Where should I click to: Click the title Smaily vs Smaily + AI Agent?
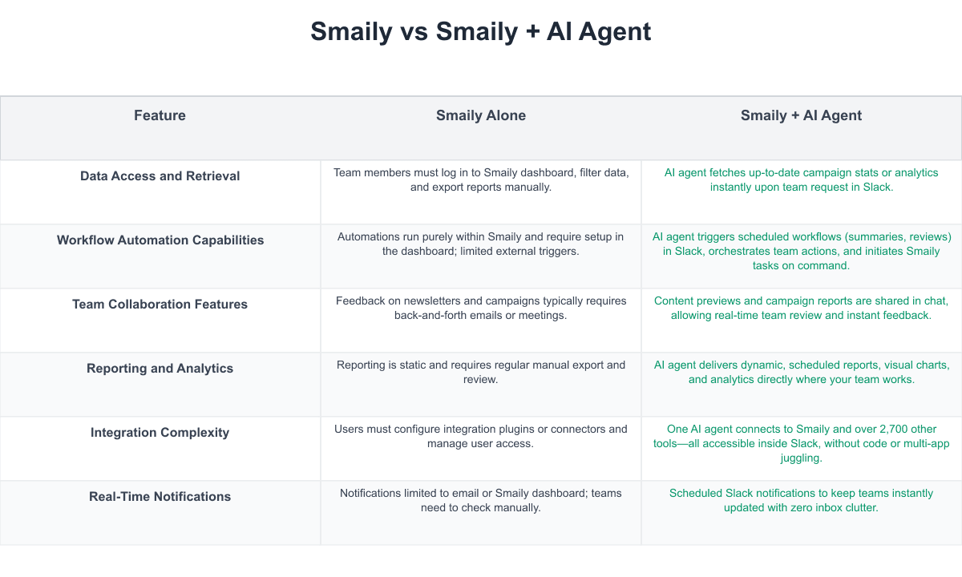click(480, 31)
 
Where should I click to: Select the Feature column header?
click(160, 115)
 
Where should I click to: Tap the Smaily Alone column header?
click(480, 115)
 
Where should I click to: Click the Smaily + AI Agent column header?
click(801, 115)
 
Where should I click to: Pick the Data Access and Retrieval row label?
click(160, 176)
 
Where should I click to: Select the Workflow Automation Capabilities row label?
click(160, 240)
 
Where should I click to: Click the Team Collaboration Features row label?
click(160, 304)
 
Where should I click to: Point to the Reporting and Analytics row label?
click(160, 369)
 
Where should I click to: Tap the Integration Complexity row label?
click(160, 432)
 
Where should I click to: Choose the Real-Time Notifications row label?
click(160, 496)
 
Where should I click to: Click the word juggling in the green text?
click(802, 458)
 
